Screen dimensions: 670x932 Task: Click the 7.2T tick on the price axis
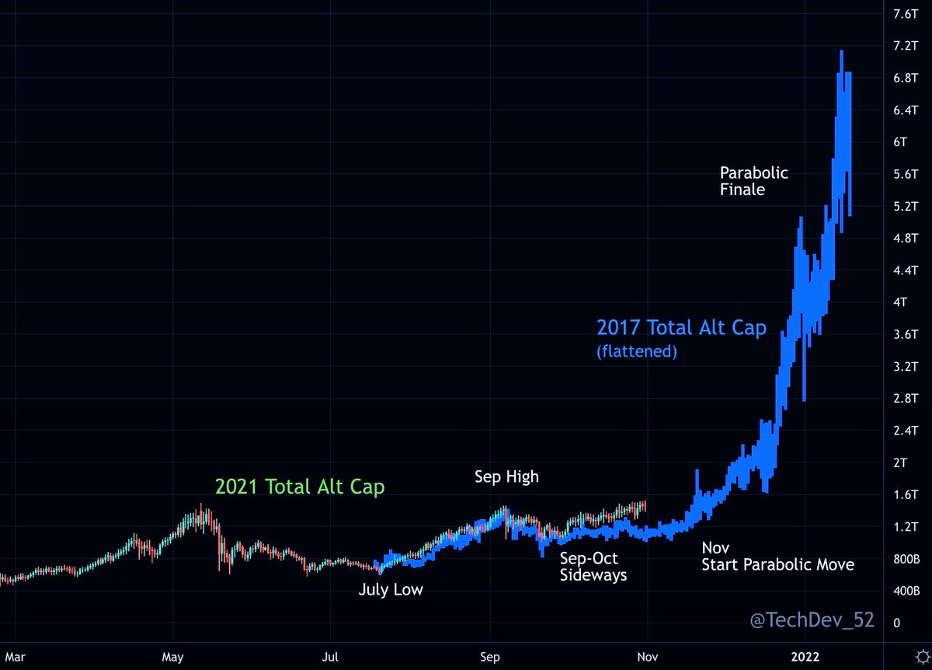pyautogui.click(x=884, y=46)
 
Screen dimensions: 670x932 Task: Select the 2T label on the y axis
pyautogui.click(x=879, y=463)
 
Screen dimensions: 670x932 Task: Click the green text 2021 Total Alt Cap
pyautogui.click(x=300, y=487)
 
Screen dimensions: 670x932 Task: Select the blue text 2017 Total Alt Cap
pyautogui.click(x=681, y=328)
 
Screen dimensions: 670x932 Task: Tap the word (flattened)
pyautogui.click(x=637, y=352)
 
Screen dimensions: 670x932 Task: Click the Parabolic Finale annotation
pyautogui.click(x=753, y=180)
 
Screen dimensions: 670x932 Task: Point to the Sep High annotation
pyautogui.click(x=506, y=476)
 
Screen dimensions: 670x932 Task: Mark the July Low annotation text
pyautogui.click(x=391, y=590)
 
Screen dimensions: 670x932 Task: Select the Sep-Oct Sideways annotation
pyautogui.click(x=593, y=567)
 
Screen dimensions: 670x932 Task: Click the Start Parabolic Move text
pyautogui.click(x=777, y=565)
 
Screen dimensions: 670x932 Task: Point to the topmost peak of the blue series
pyautogui.click(x=842, y=52)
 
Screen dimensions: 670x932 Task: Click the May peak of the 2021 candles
pyautogui.click(x=201, y=505)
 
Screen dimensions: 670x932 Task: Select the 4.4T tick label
pyautogui.click(x=884, y=270)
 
